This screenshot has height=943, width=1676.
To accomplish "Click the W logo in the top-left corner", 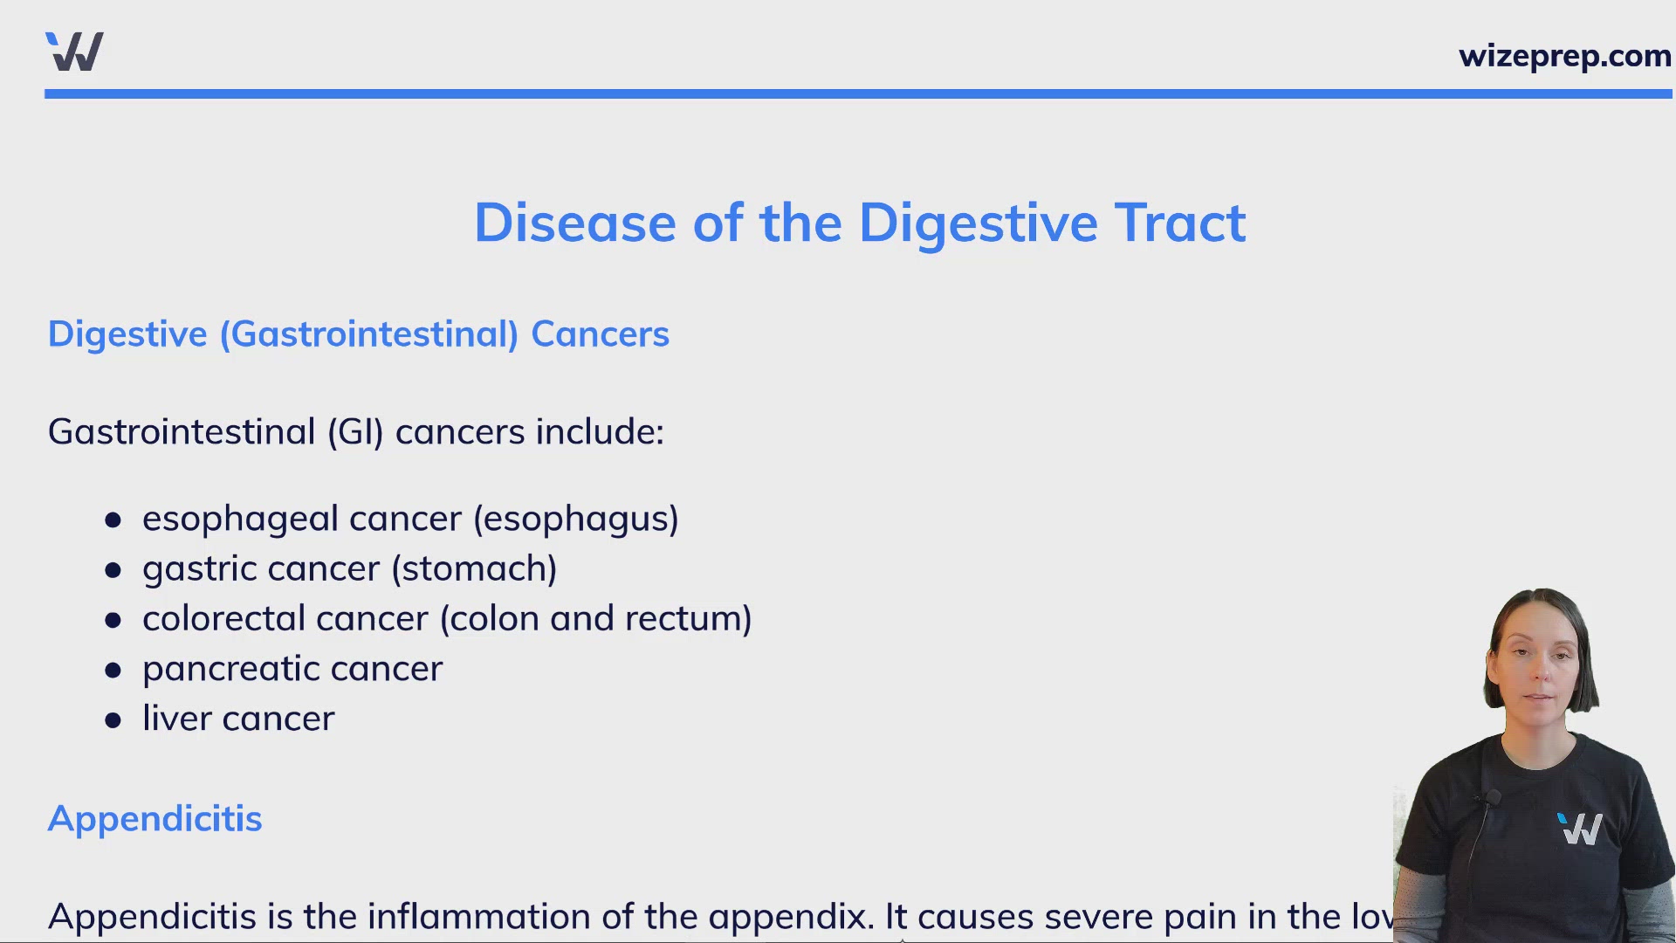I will point(75,52).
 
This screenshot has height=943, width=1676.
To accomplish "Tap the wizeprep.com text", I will point(1564,56).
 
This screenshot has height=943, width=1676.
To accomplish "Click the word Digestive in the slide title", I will point(977,224).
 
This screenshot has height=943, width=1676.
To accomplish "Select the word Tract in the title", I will point(1179,224).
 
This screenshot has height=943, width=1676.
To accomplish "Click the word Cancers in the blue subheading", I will point(600,334).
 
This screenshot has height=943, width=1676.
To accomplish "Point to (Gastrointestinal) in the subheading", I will point(368,334).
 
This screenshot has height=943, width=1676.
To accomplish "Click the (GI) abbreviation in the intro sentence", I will point(355,432).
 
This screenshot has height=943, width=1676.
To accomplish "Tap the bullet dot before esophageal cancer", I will point(113,521).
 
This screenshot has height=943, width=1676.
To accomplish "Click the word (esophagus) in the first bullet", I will point(576,520).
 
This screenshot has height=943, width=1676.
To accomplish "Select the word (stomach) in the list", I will point(474,569).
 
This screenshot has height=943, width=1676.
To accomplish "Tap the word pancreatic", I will point(230,670).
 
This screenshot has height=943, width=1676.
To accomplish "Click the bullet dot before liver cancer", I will point(113,721).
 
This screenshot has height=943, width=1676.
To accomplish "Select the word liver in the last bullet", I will point(176,719).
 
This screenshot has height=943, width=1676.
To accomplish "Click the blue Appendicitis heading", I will point(155,819).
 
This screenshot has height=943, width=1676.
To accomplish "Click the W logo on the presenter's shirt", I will point(1580,829).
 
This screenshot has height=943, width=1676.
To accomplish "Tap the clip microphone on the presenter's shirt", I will point(1492,798).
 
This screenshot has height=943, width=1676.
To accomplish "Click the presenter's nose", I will point(1540,675).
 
